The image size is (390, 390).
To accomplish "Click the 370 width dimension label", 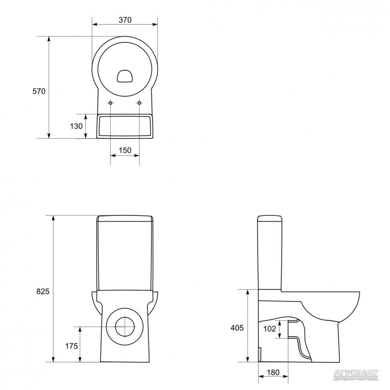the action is (x=125, y=20).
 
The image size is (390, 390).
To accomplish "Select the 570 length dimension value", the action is (x=39, y=91).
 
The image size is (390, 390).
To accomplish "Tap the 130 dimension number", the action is (x=76, y=126).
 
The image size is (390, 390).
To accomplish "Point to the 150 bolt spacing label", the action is (x=125, y=150).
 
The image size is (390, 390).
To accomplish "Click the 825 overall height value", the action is (x=43, y=291).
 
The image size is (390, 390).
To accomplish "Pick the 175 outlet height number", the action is (x=72, y=346).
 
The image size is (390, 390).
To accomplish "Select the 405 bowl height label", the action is (x=237, y=328).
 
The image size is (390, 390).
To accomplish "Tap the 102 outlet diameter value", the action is (x=269, y=329).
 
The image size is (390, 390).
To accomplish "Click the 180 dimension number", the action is (x=273, y=372).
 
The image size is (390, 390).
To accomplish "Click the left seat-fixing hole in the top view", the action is (x=110, y=103).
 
